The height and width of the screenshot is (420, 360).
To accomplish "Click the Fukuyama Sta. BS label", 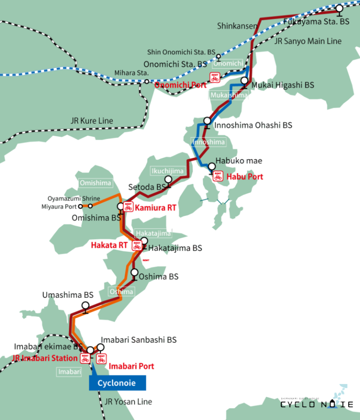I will pyautogui.click(x=316, y=22).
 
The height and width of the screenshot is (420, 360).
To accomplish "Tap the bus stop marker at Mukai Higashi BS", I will pyautogui.click(x=244, y=81).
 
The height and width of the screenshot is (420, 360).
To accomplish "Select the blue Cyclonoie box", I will pyautogui.click(x=117, y=383).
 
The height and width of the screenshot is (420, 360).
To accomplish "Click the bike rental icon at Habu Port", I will pyautogui.click(x=217, y=177).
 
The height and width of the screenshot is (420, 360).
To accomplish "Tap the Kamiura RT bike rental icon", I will pyautogui.click(x=128, y=207).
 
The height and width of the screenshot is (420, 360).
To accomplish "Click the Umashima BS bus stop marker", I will pyautogui.click(x=85, y=305).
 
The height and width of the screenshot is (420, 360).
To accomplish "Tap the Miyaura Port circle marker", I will pyautogui.click(x=81, y=206).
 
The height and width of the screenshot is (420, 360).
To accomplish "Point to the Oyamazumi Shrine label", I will pyautogui.click(x=74, y=199).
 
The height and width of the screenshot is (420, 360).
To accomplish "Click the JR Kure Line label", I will pyautogui.click(x=92, y=121).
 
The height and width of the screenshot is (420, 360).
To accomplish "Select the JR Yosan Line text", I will pyautogui.click(x=128, y=402).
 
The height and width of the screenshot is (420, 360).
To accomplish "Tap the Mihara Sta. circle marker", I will pyautogui.click(x=147, y=81).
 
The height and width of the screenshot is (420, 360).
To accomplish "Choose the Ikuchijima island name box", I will pyautogui.click(x=167, y=171).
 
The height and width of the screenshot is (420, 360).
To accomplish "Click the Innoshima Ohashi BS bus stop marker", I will pyautogui.click(x=207, y=121).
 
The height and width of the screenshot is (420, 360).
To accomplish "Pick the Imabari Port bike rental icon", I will pyautogui.click(x=101, y=359).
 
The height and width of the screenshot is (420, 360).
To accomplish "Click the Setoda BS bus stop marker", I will pyautogui.click(x=168, y=180).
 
